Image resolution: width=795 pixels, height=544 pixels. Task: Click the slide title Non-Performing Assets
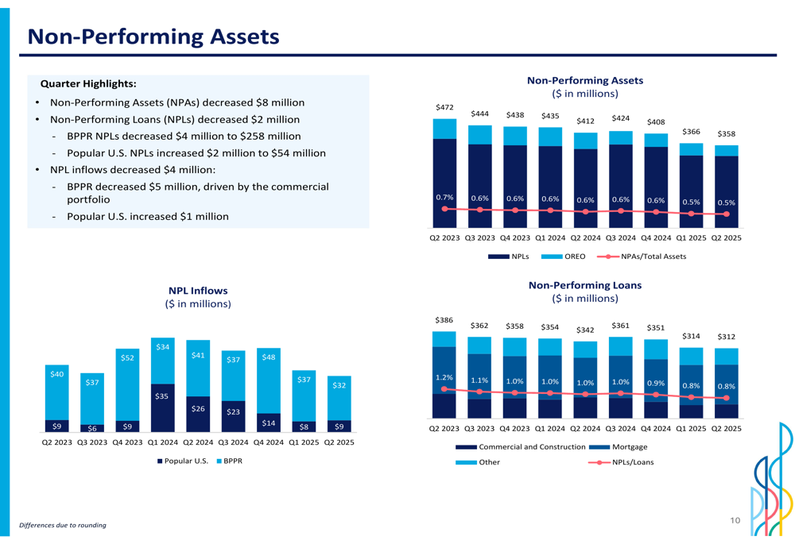click(x=153, y=37)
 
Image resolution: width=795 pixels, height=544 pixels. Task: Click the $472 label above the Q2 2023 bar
click(x=444, y=107)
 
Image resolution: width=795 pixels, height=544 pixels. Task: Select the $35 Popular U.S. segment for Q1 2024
click(x=162, y=407)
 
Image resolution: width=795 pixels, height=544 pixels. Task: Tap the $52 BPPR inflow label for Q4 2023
click(x=127, y=357)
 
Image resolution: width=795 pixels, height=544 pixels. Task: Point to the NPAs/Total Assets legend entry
click(x=642, y=257)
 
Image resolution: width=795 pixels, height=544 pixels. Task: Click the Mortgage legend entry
click(x=618, y=447)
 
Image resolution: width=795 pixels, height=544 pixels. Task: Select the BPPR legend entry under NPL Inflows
click(x=230, y=461)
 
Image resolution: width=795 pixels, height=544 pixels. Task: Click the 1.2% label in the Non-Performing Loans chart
click(x=444, y=377)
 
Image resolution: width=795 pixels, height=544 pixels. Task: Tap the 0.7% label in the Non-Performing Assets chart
click(x=444, y=197)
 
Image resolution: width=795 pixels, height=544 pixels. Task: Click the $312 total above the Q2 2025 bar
click(x=726, y=337)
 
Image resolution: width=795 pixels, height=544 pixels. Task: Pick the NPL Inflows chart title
click(x=198, y=291)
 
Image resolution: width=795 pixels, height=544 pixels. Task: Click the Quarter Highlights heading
click(x=88, y=83)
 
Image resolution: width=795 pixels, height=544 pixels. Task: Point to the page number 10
click(x=735, y=520)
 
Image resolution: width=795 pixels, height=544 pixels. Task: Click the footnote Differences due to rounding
click(x=63, y=525)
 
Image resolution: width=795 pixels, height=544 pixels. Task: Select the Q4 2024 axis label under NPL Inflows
click(x=269, y=442)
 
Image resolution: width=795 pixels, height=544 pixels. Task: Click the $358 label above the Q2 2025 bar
click(x=726, y=133)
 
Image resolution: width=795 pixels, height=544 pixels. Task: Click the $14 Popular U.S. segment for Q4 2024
click(x=269, y=423)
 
